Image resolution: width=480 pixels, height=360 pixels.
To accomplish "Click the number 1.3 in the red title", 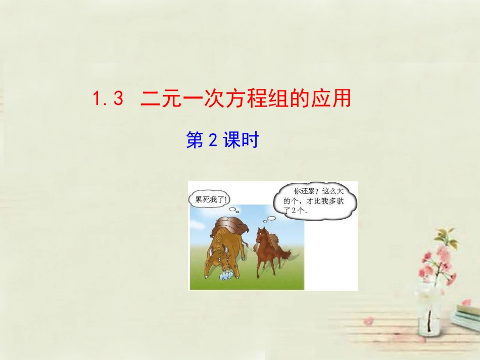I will click(x=108, y=98).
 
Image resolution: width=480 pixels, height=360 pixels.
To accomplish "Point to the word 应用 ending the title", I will click(x=333, y=98).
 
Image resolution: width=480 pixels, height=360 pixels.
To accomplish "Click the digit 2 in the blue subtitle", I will click(x=213, y=141).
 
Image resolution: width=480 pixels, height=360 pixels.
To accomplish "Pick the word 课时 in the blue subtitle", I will click(x=241, y=141).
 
